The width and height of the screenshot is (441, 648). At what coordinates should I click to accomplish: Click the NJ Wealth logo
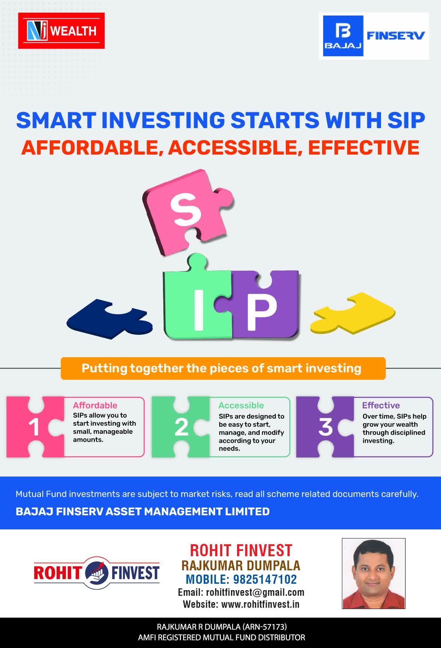[x=61, y=31]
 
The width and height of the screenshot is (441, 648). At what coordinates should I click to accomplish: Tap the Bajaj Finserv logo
[x=374, y=36]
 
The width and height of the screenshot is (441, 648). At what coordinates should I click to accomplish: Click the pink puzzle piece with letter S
[x=187, y=212]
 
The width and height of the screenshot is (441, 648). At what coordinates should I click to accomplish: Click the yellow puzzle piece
[x=353, y=313]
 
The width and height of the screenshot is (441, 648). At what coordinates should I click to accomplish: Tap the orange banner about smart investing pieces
[x=223, y=368]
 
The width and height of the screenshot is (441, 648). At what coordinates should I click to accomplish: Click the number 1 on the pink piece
[x=34, y=427]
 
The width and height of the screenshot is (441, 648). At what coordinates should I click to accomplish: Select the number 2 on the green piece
[x=181, y=427]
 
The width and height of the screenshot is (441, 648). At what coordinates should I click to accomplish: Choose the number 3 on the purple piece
[x=326, y=427]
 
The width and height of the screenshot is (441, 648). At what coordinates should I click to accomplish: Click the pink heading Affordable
[x=95, y=405]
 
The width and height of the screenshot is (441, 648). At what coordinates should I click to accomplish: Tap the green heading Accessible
[x=241, y=405]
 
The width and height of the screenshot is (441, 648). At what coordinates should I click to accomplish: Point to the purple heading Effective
[x=381, y=405]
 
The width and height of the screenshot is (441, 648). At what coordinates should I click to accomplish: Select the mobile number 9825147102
[x=265, y=579]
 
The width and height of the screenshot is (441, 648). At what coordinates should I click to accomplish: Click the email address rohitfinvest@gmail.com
[x=255, y=592]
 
